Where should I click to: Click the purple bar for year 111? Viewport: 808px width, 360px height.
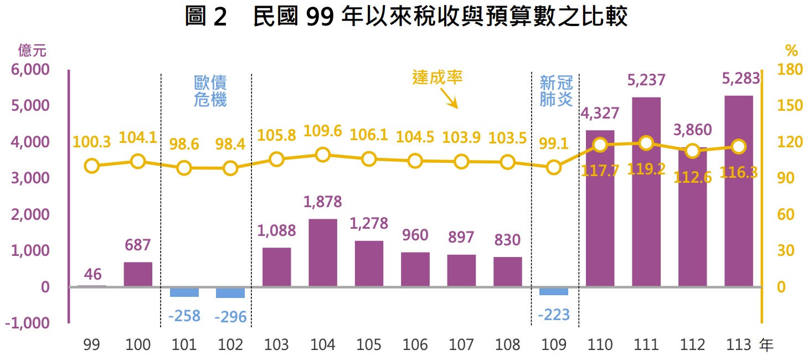coord(646,192)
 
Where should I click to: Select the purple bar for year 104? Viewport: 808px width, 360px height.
coord(323,253)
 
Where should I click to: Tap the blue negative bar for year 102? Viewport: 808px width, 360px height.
coord(230,292)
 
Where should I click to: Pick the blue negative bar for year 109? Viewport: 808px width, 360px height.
coord(553,291)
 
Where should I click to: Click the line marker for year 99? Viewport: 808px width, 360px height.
coord(92,166)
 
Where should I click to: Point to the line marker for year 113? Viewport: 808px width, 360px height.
coord(738,147)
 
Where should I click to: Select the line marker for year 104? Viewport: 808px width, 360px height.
coord(323,155)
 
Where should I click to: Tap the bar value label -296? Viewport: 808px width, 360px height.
coord(230,317)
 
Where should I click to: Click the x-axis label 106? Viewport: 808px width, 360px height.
coord(415,345)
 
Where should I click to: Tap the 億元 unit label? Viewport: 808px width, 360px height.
coord(32,51)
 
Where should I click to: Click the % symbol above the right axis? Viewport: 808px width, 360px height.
coord(791,51)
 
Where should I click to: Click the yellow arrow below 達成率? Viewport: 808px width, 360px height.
coord(449,99)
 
